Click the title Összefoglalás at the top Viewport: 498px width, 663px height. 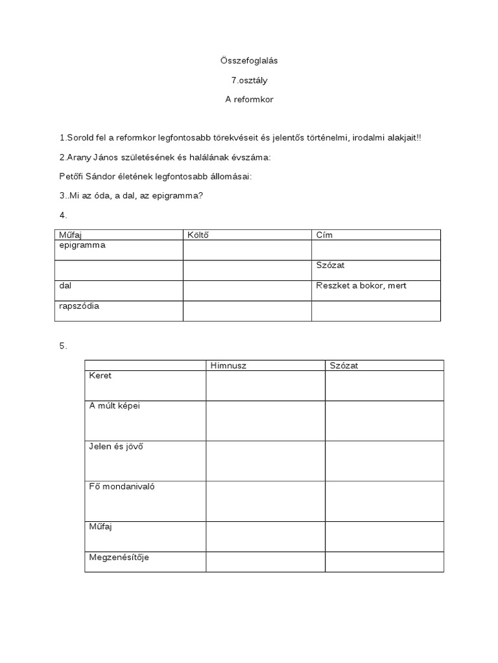pos(249,60)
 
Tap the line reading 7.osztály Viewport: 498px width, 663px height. pos(249,80)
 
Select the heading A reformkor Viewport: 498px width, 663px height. pos(249,100)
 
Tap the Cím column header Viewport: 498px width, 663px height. pos(324,234)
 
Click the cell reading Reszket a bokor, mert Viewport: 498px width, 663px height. pos(361,286)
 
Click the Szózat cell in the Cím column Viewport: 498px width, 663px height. pos(331,265)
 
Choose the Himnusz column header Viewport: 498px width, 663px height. pos(228,366)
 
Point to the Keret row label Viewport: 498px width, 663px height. pos(100,376)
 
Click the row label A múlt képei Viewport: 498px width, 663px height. pos(114,406)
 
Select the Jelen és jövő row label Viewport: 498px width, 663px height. pos(115,446)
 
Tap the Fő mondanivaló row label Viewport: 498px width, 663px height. pos(121,486)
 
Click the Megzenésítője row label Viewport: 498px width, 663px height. pos(119,557)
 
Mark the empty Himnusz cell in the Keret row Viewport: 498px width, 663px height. pos(265,386)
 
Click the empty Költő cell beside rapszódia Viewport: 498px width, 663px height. pos(247,311)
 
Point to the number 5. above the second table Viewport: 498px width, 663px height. pos(63,346)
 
